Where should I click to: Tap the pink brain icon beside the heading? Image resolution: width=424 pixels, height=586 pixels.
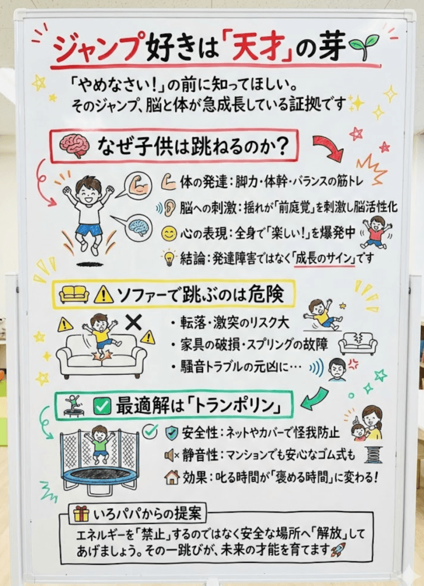74,146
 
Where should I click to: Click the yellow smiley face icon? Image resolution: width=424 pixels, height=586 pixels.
169,233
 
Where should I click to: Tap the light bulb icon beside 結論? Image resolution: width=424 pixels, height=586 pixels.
169,258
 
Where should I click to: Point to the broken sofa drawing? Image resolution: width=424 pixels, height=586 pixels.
358,343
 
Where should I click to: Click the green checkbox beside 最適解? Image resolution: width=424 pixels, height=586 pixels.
102,407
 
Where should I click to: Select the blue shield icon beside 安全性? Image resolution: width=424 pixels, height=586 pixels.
171,431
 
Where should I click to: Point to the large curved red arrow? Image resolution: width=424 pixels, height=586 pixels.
328,149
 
